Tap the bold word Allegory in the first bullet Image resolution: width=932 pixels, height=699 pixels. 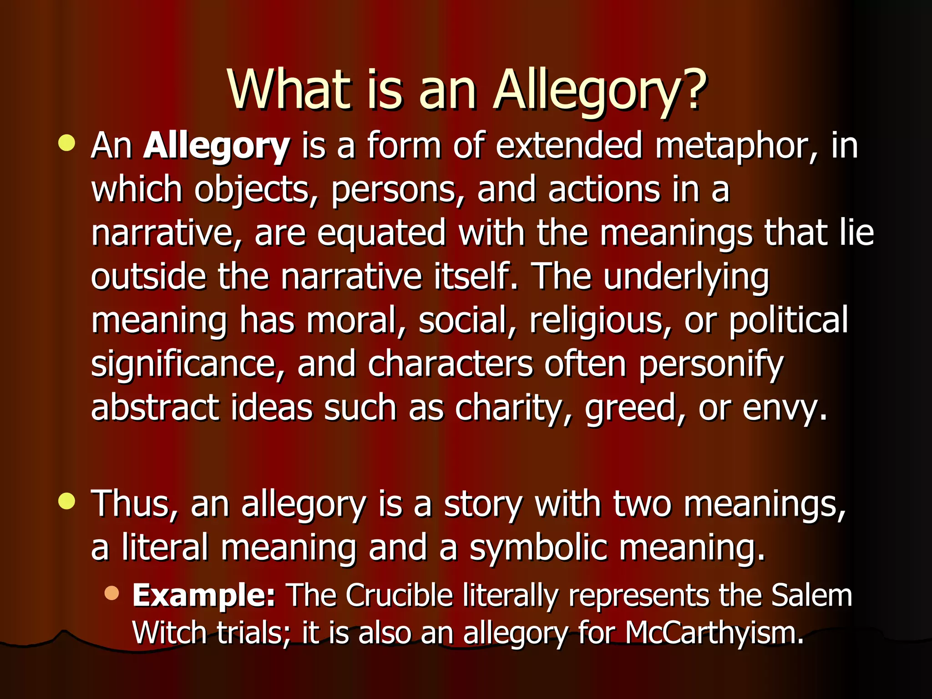217,147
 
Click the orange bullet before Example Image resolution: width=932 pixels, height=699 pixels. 111,593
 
